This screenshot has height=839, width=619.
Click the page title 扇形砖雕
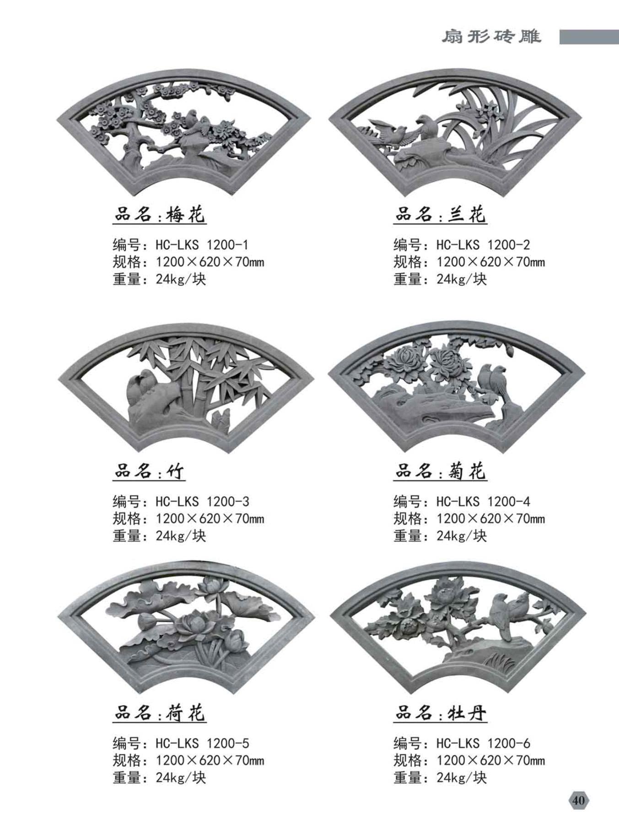click(x=491, y=37)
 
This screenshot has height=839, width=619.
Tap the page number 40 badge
click(x=578, y=801)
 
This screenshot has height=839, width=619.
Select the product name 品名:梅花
click(x=159, y=214)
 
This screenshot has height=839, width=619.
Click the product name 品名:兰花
click(x=440, y=214)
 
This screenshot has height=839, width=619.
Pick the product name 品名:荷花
click(x=159, y=713)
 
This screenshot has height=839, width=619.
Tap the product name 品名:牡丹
click(x=440, y=713)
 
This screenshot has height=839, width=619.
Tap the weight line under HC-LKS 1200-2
click(x=440, y=279)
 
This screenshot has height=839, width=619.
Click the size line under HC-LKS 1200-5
click(x=188, y=760)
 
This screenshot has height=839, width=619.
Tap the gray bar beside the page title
click(x=589, y=37)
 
